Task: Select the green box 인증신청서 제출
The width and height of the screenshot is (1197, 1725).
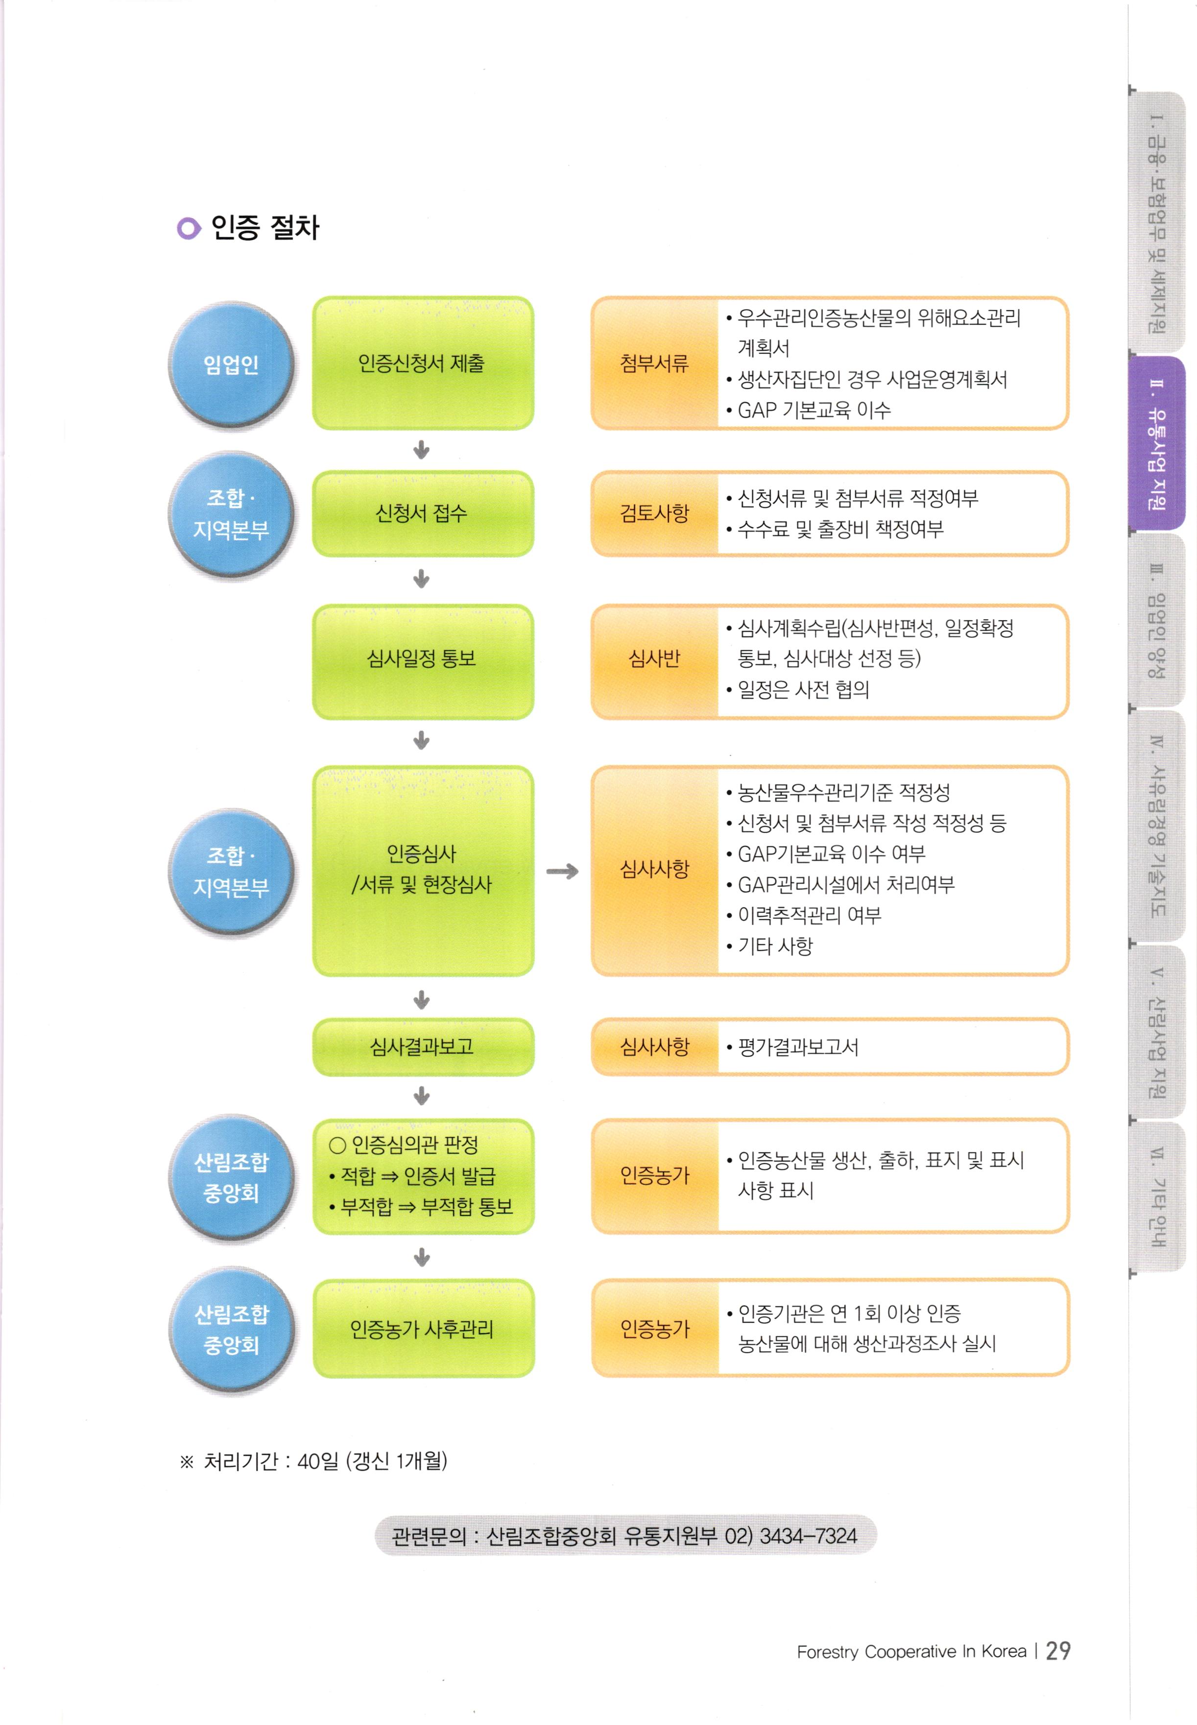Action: coord(422,363)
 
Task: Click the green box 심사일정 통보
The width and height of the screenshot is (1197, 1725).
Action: coord(422,659)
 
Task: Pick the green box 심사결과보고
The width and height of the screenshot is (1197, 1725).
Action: coord(422,1046)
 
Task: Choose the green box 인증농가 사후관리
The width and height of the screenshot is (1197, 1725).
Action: coord(422,1329)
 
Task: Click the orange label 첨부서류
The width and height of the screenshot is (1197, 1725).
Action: coord(654,364)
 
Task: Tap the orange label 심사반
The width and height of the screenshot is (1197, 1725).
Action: coord(654,659)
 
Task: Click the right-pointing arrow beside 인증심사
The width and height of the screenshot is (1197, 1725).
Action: coord(562,871)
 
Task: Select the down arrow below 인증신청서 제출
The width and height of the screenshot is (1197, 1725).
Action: coord(422,450)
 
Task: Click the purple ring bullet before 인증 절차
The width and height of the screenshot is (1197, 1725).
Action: coord(188,228)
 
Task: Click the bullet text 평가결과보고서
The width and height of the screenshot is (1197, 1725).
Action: coord(798,1047)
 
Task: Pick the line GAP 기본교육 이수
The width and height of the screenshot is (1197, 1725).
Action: coord(814,410)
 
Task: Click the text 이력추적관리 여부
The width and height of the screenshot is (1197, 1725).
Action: coord(809,915)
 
